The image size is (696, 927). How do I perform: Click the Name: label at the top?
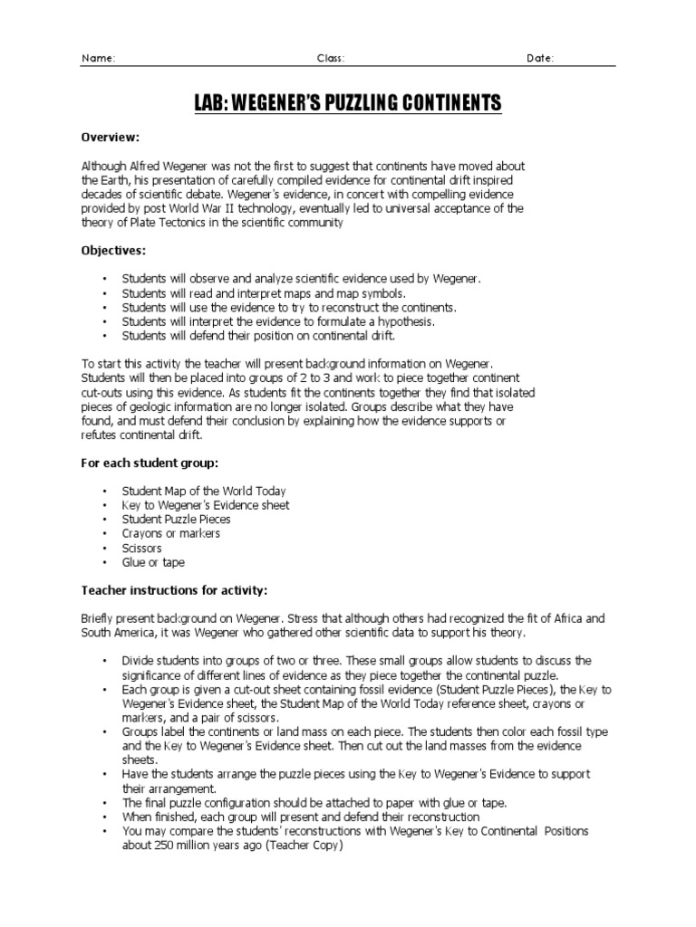99,59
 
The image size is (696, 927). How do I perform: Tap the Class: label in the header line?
330,59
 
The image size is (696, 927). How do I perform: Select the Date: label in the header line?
540,59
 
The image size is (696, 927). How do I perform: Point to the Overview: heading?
111,137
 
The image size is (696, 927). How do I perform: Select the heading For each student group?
150,463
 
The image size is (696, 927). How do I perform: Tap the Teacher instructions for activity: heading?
174,591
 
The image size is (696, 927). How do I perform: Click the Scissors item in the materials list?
141,548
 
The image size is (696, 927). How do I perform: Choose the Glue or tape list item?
153,562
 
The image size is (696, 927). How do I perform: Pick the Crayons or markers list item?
171,533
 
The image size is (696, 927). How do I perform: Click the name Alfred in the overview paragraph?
146,167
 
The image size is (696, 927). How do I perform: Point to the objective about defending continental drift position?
249,336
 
